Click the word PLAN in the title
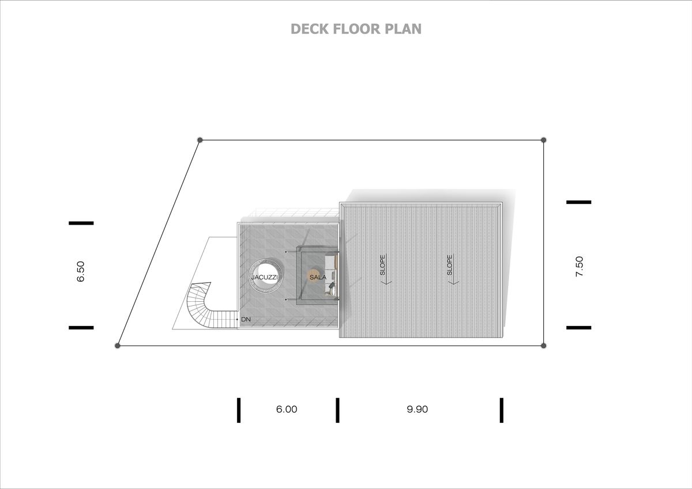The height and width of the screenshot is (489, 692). click(x=403, y=29)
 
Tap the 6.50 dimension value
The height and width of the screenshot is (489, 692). click(x=81, y=271)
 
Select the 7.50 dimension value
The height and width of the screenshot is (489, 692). click(x=579, y=266)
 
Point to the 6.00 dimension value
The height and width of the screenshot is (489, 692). click(x=287, y=409)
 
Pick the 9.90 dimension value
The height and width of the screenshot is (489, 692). click(x=417, y=409)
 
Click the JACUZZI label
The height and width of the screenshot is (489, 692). click(x=265, y=277)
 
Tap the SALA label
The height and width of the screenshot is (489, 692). click(x=318, y=277)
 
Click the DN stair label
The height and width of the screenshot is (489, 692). click(x=246, y=319)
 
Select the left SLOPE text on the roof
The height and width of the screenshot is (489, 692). click(x=382, y=265)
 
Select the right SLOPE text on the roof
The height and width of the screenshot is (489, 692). click(x=449, y=265)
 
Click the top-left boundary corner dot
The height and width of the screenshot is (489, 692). click(x=200, y=140)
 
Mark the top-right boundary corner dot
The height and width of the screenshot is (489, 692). click(x=544, y=140)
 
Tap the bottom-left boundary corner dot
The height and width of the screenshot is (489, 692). click(x=118, y=346)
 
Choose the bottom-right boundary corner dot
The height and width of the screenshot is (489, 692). click(x=544, y=346)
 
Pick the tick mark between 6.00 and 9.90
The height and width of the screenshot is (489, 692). click(x=337, y=410)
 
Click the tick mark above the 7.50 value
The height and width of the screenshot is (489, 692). click(x=578, y=202)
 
